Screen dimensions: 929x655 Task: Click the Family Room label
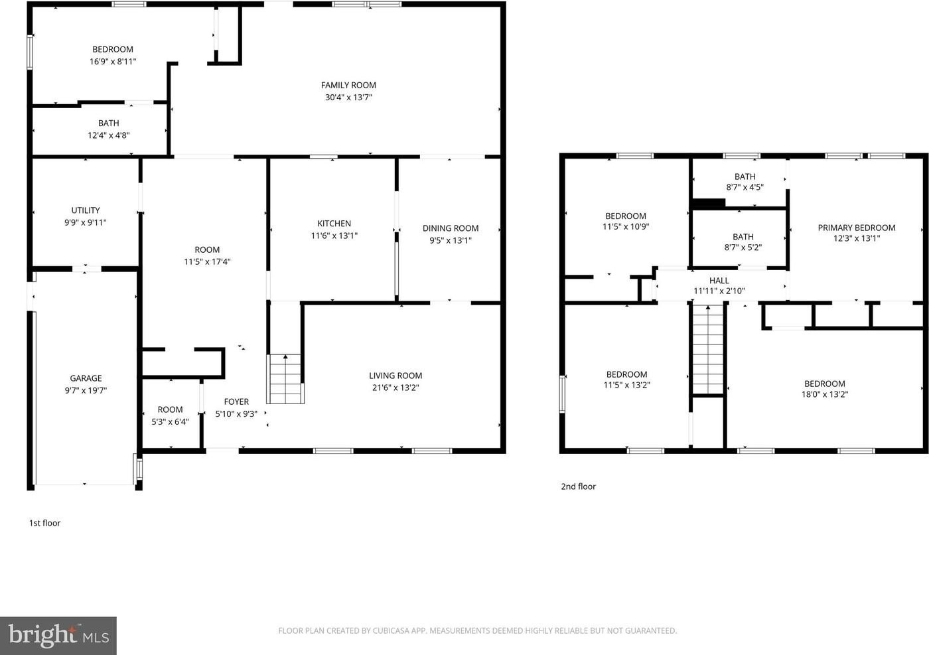(348, 85)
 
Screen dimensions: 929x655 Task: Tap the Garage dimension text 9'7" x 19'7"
(86, 390)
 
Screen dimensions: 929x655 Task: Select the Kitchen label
(334, 223)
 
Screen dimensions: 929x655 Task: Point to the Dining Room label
(451, 228)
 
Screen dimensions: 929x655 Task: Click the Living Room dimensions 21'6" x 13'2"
(395, 388)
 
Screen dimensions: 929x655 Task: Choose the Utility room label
(86, 210)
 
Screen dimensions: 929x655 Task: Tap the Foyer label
(236, 401)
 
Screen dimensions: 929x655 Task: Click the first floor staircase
(285, 379)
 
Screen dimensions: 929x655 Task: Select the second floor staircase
(708, 349)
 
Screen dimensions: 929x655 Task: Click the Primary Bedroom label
(857, 228)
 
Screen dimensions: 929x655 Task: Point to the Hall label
(719, 281)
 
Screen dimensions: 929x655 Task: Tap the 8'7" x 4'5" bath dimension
(745, 187)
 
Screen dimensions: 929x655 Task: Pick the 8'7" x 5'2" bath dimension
(743, 248)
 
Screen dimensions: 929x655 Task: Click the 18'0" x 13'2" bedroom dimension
(824, 394)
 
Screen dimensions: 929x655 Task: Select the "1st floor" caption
(45, 523)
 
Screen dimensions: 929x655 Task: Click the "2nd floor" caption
(578, 486)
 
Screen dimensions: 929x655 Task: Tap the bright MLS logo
(58, 636)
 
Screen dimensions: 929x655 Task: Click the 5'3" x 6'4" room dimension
(170, 422)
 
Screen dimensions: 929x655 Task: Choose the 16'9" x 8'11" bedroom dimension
(113, 62)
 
